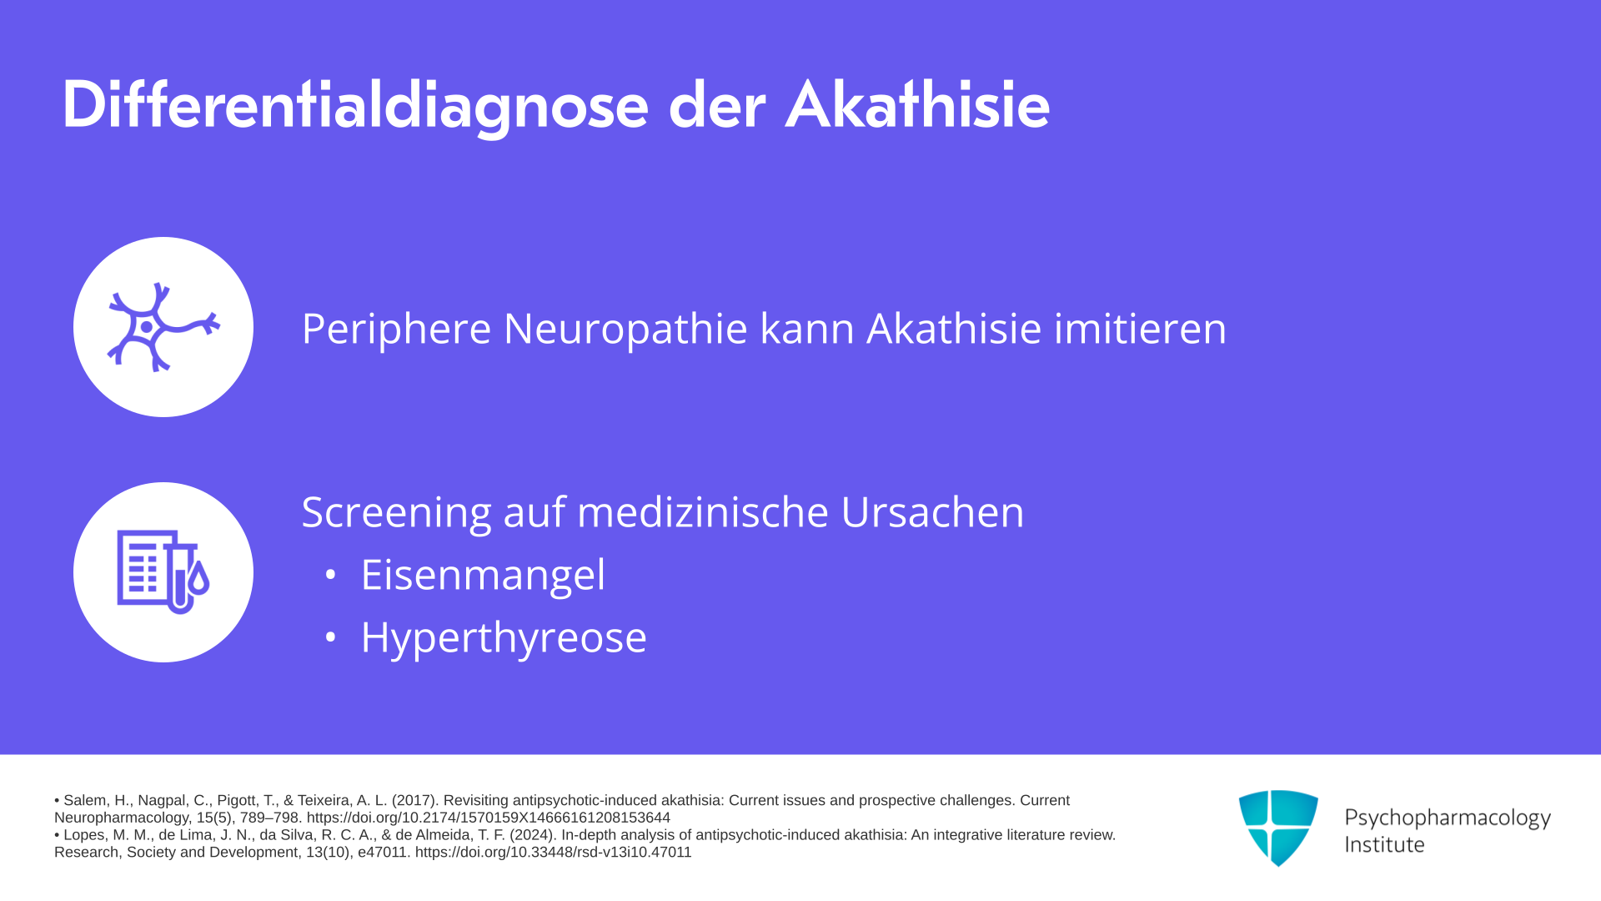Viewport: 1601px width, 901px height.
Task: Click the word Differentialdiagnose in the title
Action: (355, 107)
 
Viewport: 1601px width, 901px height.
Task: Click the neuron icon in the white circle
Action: (163, 327)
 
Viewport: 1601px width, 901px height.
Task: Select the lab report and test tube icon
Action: (163, 572)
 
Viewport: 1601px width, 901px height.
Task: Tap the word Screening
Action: (397, 512)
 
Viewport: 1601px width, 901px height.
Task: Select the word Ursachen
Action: (932, 512)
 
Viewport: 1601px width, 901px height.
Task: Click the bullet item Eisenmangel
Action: (483, 575)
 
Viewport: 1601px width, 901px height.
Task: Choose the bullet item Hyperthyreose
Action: (504, 638)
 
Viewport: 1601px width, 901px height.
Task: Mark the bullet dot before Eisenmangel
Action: (330, 575)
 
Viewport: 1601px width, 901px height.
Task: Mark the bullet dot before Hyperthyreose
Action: (330, 637)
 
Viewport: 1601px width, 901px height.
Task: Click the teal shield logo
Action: (1278, 828)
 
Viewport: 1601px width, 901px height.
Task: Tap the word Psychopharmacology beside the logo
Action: (1448, 818)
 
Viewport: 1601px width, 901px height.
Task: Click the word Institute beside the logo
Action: (1384, 844)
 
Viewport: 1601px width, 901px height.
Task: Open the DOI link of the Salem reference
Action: (489, 818)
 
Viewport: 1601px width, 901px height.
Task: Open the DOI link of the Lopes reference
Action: (554, 853)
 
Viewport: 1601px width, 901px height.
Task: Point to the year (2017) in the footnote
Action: (415, 801)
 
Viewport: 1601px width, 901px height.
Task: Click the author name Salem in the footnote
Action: (86, 801)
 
